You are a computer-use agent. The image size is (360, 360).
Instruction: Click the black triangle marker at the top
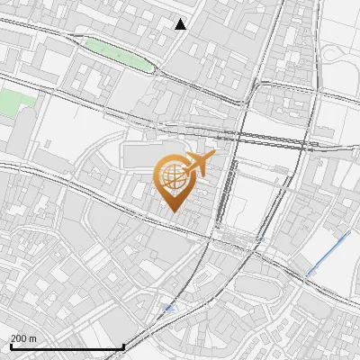tap(181, 24)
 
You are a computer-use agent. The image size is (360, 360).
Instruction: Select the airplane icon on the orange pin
tap(198, 165)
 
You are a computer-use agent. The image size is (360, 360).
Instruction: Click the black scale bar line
tap(67, 346)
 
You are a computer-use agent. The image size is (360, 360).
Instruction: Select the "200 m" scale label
tap(23, 338)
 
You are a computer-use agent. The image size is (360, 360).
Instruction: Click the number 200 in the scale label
tap(19, 338)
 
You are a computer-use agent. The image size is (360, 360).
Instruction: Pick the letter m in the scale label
tap(32, 338)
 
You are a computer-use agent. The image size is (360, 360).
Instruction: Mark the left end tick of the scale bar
tap(10, 344)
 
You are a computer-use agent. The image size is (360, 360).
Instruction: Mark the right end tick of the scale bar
tap(123, 344)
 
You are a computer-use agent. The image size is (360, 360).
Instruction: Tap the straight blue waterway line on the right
tap(328, 252)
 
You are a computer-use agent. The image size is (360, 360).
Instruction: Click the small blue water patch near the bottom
tap(169, 309)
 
